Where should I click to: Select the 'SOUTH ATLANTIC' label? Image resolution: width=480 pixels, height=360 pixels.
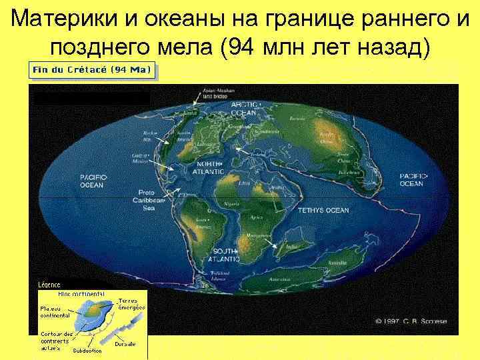[x=225, y=254]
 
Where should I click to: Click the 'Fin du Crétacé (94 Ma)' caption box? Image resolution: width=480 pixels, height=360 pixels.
[x=92, y=69]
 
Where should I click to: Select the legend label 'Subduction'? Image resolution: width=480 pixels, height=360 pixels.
[x=86, y=349]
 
